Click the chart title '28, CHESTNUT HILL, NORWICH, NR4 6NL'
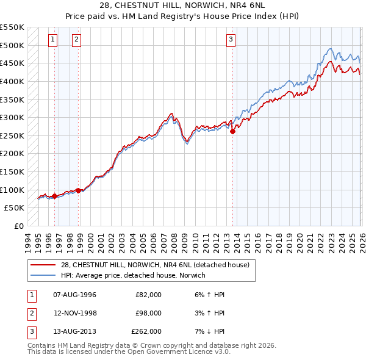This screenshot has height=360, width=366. [x=182, y=6]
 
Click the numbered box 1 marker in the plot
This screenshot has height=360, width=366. [x=54, y=40]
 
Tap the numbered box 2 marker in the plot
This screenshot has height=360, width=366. [x=77, y=40]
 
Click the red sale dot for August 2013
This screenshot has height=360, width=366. [x=232, y=131]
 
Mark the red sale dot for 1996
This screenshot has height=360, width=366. [x=54, y=196]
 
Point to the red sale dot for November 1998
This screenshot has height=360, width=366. [x=78, y=190]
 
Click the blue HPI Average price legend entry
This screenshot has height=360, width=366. [x=133, y=276]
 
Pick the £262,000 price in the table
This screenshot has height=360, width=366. [x=146, y=332]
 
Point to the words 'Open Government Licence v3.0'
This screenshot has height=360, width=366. [x=178, y=351]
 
